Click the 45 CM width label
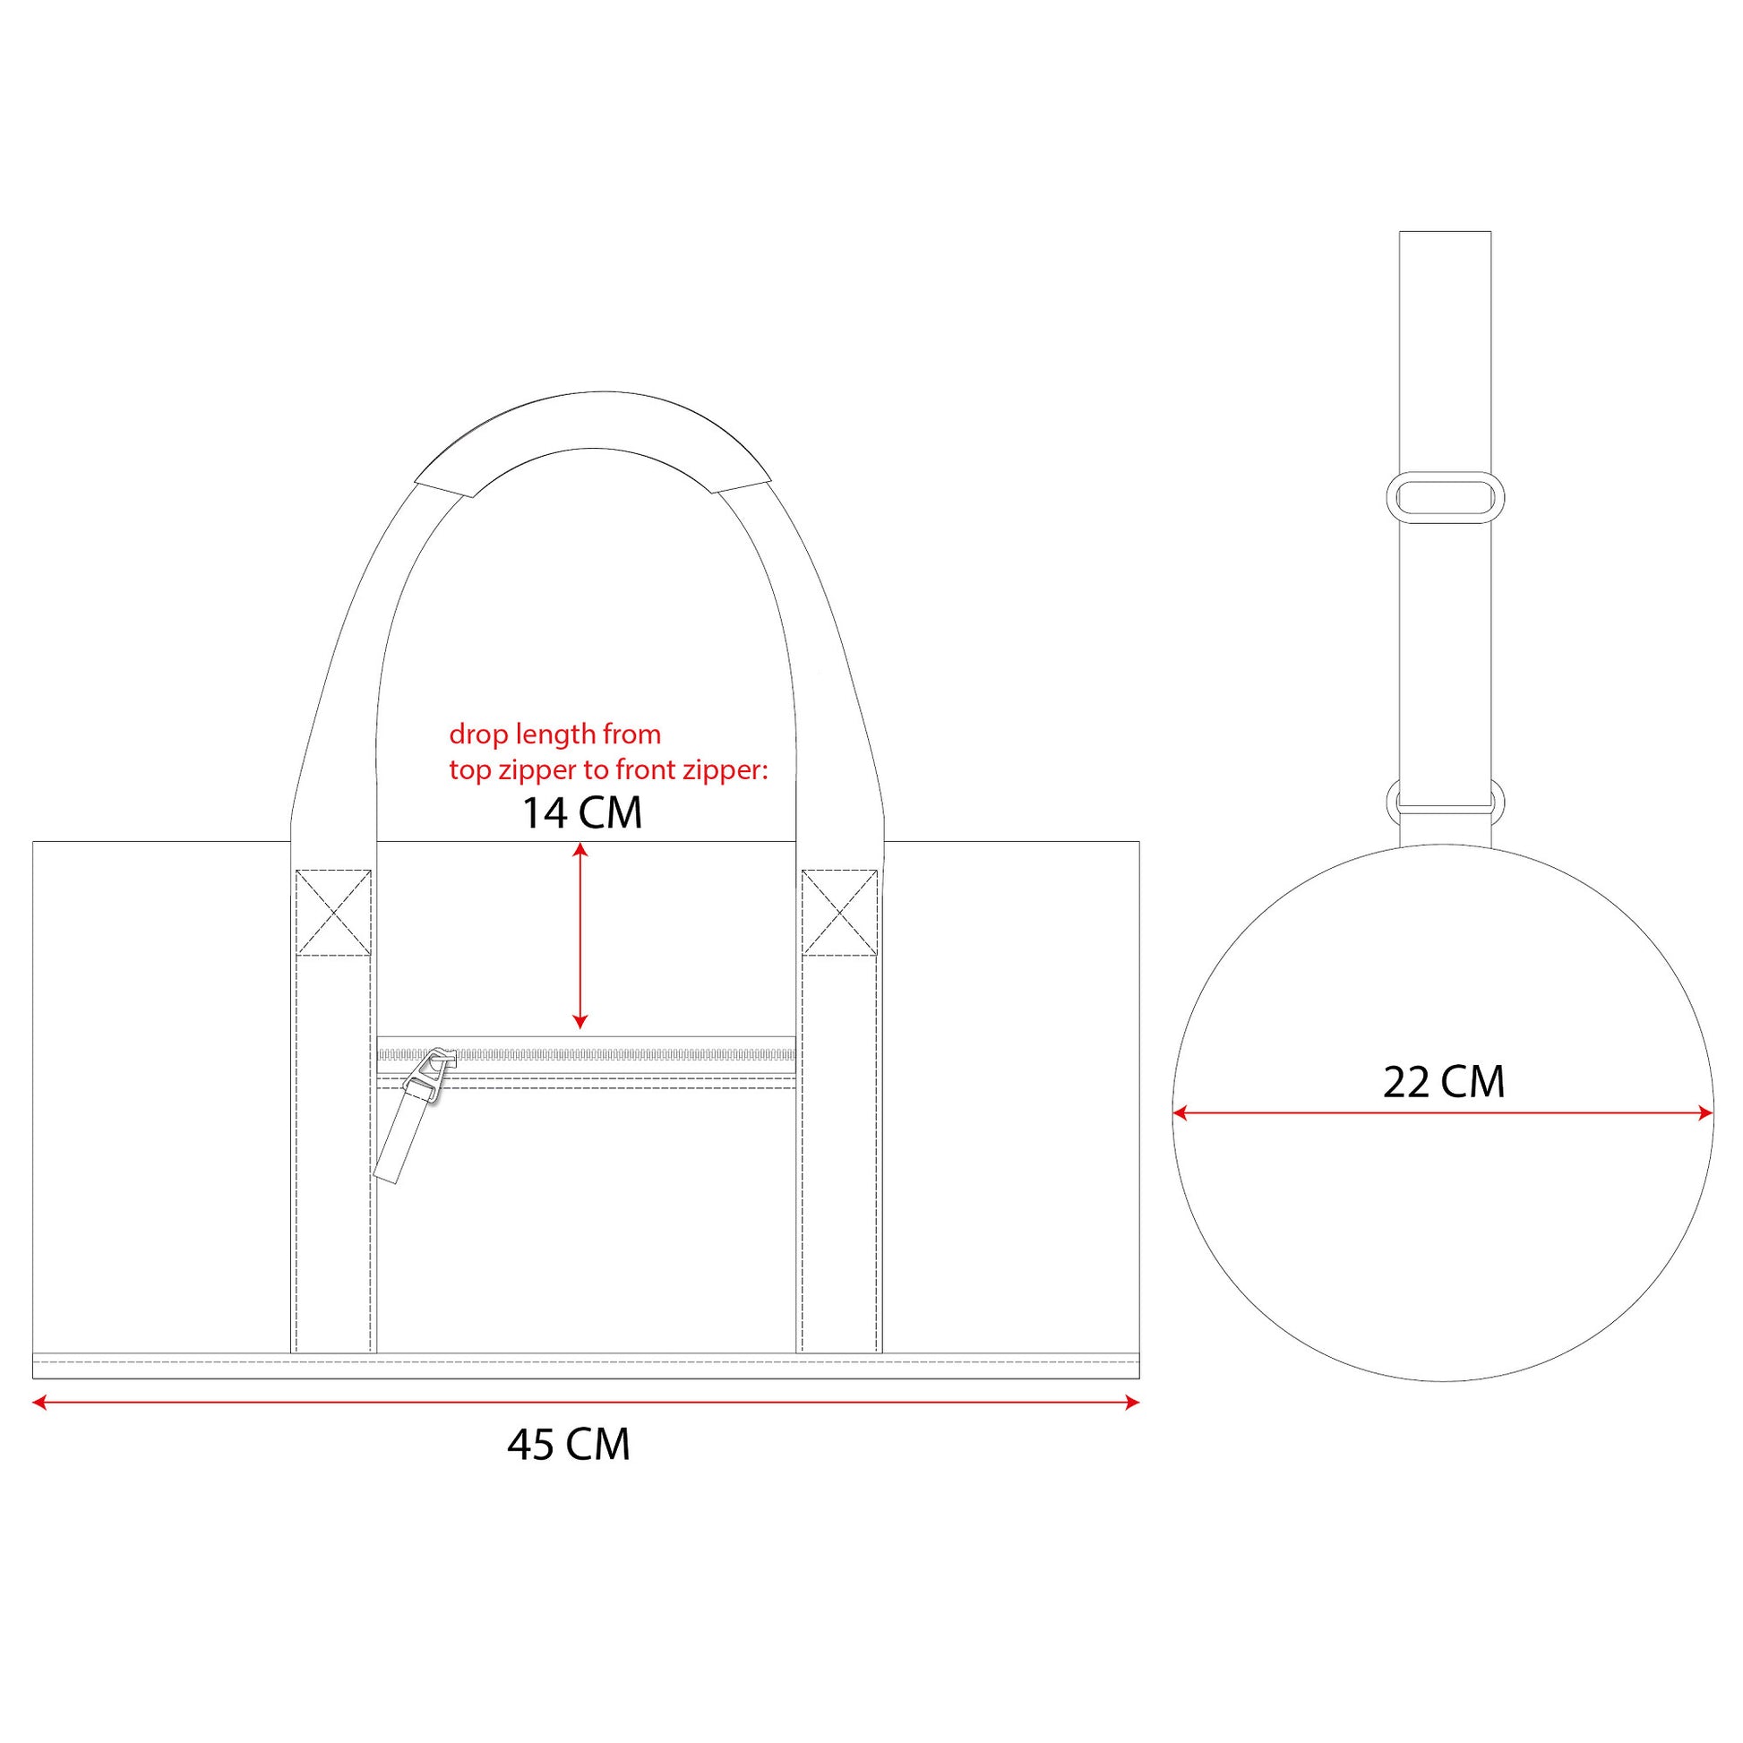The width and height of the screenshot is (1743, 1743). (x=569, y=1445)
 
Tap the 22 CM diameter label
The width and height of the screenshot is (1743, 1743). (x=1444, y=1082)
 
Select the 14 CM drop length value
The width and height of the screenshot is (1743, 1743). (x=582, y=813)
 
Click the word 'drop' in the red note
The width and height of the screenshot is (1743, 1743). (x=477, y=735)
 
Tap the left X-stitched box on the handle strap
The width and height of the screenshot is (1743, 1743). (x=334, y=912)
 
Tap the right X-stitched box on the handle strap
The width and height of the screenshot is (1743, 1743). (x=840, y=912)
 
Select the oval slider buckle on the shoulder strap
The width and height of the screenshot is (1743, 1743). (x=1445, y=497)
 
